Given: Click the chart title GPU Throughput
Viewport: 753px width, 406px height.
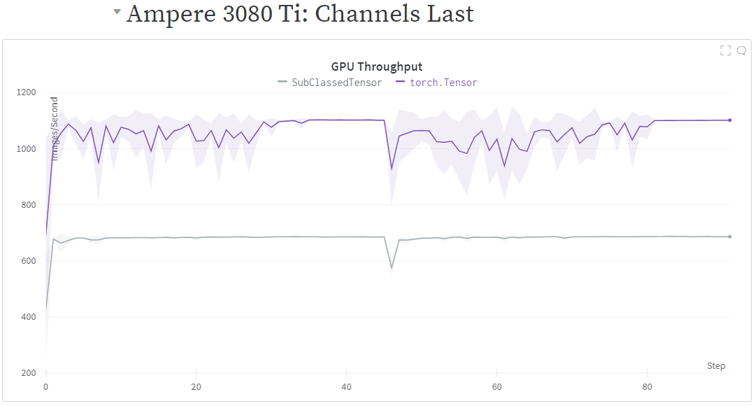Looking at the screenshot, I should point(377,67).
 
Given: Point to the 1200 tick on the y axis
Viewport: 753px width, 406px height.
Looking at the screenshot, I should point(27,92).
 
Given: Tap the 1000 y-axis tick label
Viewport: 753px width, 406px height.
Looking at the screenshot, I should point(27,148).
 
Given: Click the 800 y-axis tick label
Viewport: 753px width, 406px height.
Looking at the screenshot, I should point(29,204).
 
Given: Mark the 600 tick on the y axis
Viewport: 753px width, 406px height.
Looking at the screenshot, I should point(29,260).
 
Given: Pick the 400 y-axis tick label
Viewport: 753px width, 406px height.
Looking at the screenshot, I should point(29,316).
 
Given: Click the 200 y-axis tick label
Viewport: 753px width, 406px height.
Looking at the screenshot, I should point(29,372).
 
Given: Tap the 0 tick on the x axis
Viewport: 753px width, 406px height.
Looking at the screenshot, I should point(45,386).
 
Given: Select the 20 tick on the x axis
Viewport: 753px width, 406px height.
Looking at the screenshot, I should point(196,386).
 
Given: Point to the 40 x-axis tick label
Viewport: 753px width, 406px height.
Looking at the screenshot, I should point(346,386).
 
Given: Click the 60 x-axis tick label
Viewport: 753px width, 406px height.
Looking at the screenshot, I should point(497,386).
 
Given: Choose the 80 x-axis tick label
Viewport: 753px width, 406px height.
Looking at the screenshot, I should point(647,386).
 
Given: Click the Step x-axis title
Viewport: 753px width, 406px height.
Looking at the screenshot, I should point(716,366).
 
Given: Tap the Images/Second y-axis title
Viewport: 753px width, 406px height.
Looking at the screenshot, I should point(55,129).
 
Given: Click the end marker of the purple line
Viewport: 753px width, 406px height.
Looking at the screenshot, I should point(730,120).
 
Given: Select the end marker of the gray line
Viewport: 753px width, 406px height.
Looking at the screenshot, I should point(730,237).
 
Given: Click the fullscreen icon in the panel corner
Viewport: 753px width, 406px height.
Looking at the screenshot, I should point(725,50).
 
